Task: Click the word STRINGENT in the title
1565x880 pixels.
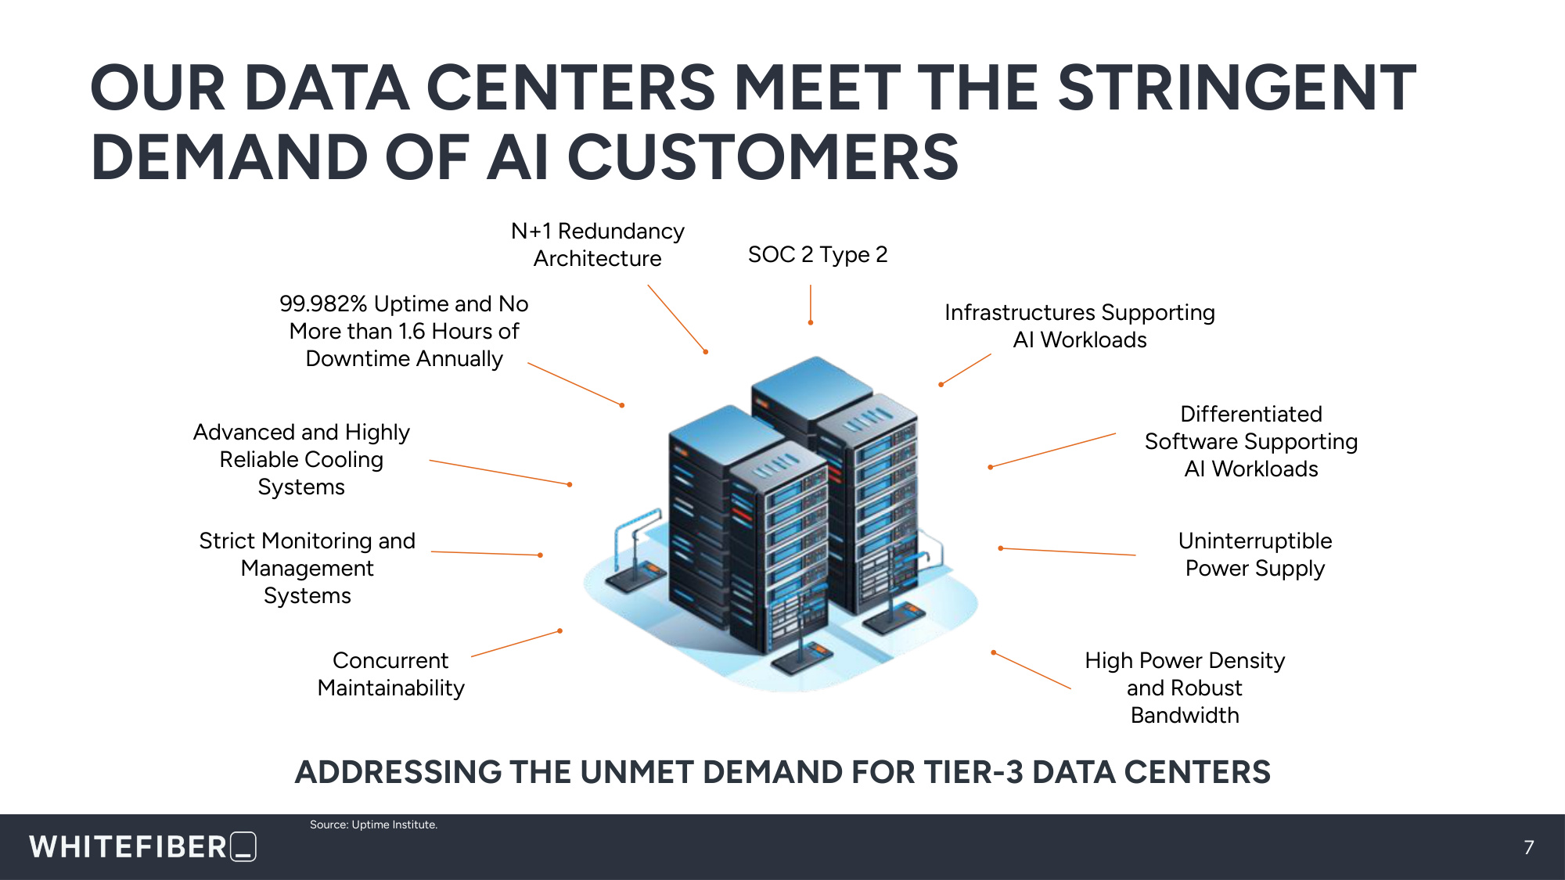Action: pyautogui.click(x=1237, y=88)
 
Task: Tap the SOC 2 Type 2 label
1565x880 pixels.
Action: pyautogui.click(x=818, y=254)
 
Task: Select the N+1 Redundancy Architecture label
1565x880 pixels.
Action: pyautogui.click(x=598, y=245)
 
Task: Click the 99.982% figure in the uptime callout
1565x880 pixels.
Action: pyautogui.click(x=323, y=304)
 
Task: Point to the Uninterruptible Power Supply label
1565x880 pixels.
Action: pyautogui.click(x=1255, y=555)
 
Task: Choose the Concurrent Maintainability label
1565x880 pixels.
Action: pyautogui.click(x=391, y=673)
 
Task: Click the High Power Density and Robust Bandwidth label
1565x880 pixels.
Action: pyautogui.click(x=1185, y=688)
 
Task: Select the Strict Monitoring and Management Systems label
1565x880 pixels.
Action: pyautogui.click(x=308, y=568)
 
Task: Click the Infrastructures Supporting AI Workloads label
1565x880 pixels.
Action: pyautogui.click(x=1080, y=326)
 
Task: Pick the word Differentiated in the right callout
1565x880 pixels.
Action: pyautogui.click(x=1251, y=414)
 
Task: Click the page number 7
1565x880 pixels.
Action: pyautogui.click(x=1529, y=847)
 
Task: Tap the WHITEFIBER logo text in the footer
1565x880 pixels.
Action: pyautogui.click(x=128, y=847)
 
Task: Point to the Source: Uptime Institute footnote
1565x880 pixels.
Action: pyautogui.click(x=373, y=824)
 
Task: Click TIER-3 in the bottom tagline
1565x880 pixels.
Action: pyautogui.click(x=973, y=772)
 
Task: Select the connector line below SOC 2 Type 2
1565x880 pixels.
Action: pyautogui.click(x=811, y=304)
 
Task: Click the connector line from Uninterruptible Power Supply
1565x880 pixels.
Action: pyautogui.click(x=1067, y=551)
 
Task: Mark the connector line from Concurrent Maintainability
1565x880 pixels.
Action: pyautogui.click(x=516, y=643)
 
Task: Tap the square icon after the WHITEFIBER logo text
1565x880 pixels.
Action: pyautogui.click(x=243, y=846)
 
